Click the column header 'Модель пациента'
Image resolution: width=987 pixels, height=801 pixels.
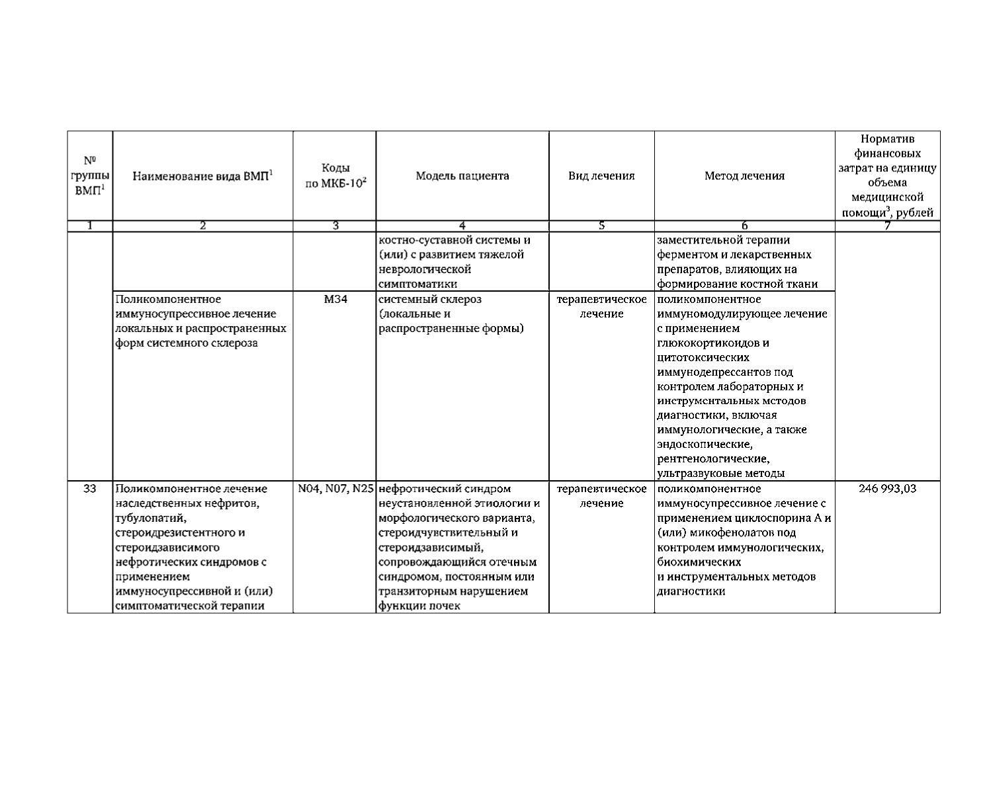(x=462, y=176)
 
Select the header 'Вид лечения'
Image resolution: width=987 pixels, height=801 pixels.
(x=601, y=176)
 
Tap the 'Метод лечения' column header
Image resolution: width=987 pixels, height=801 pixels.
(x=744, y=176)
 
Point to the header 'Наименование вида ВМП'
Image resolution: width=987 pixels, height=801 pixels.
(x=202, y=176)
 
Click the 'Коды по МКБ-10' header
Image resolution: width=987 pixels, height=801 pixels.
(x=335, y=176)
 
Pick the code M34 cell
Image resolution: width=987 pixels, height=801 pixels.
(x=335, y=300)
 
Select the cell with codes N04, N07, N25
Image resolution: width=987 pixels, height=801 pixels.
(x=335, y=489)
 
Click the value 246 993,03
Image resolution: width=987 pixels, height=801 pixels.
(x=887, y=489)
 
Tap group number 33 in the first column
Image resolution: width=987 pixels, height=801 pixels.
(x=90, y=489)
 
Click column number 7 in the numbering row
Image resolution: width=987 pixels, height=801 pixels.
(x=887, y=226)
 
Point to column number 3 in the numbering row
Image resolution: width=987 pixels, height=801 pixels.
(x=335, y=226)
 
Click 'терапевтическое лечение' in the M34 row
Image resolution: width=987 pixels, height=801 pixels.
(x=601, y=307)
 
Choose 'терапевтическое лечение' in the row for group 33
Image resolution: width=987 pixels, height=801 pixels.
(x=601, y=496)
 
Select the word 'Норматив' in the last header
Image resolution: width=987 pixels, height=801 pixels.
(x=887, y=140)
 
